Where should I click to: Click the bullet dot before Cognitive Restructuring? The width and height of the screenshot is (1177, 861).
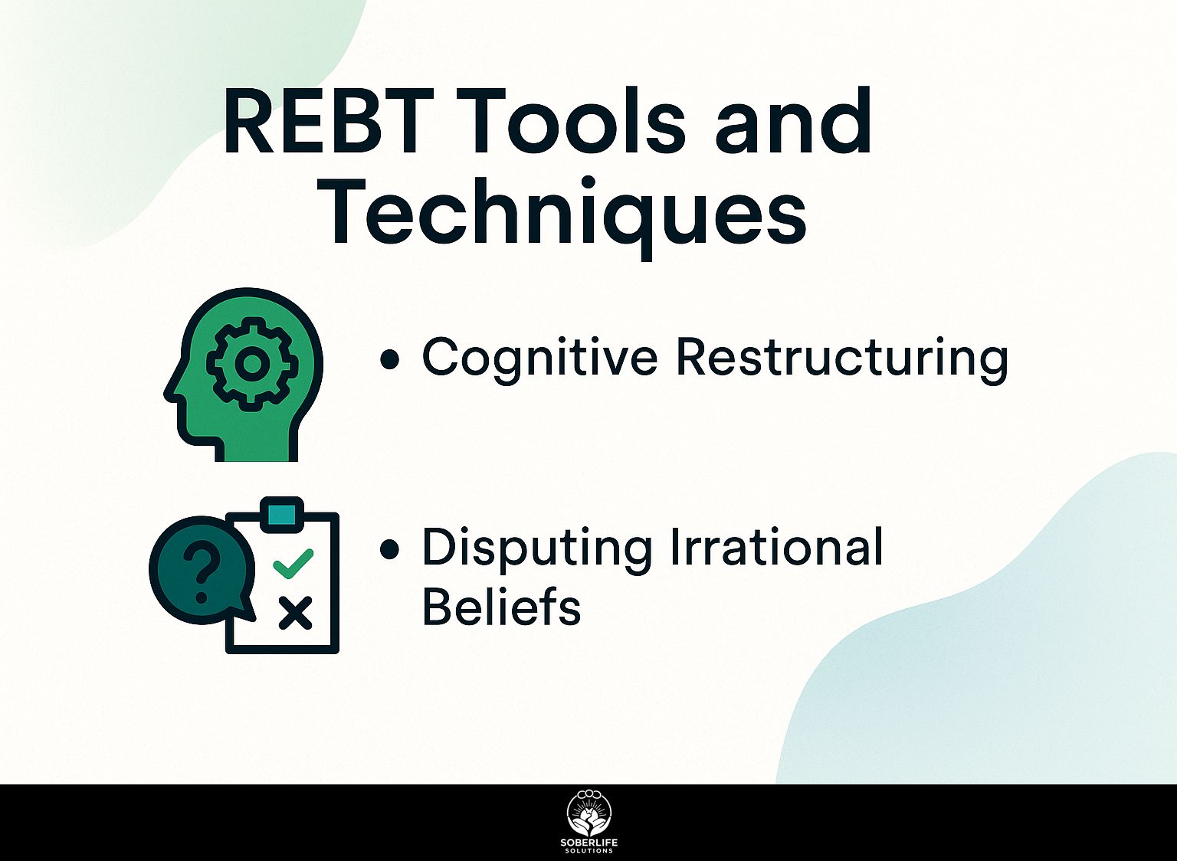(389, 362)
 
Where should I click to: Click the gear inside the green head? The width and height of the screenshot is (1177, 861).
(251, 363)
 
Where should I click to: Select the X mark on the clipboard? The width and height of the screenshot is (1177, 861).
(295, 613)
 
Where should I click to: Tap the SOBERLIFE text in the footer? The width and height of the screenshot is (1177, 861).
(589, 843)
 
